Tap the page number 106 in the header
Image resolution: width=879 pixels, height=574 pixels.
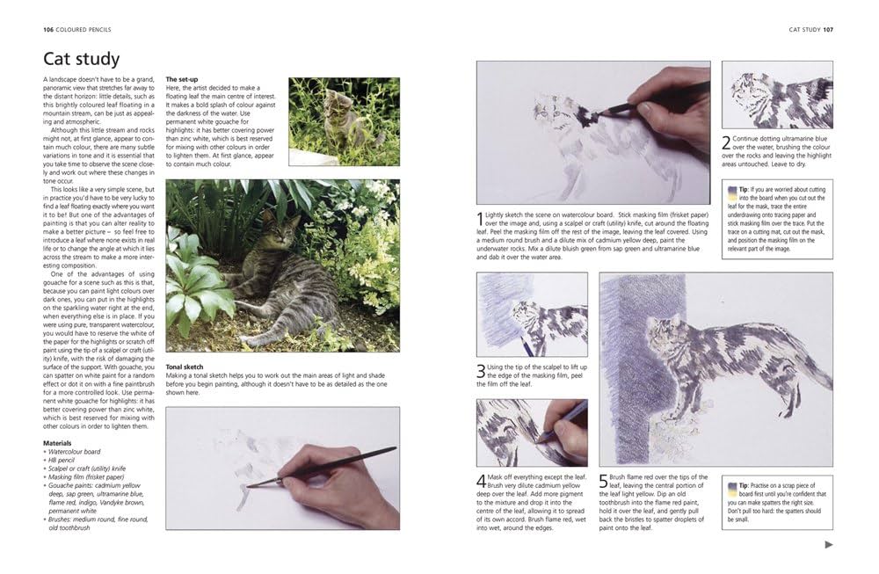(x=49, y=31)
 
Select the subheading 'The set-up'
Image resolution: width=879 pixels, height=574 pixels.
(x=183, y=80)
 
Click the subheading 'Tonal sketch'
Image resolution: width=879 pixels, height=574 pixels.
(x=185, y=365)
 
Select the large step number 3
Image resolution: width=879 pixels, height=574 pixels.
(x=480, y=372)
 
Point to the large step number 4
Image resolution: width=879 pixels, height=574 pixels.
(x=480, y=481)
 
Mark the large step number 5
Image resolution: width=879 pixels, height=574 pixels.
(x=603, y=481)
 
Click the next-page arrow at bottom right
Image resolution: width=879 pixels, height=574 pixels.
(x=829, y=545)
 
